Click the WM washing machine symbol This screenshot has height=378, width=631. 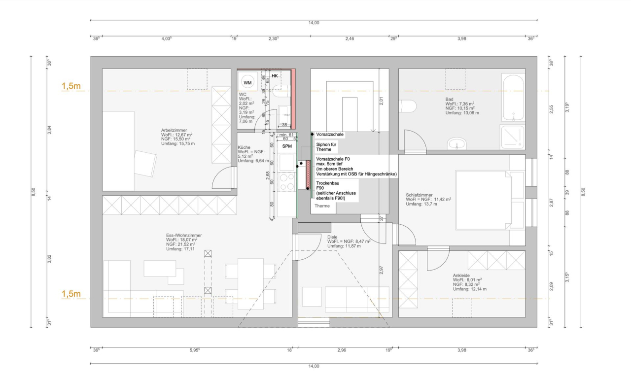247,83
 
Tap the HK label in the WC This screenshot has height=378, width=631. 275,75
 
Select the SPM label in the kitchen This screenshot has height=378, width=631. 286,146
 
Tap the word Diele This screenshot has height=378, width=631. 333,237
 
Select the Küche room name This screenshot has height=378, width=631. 244,147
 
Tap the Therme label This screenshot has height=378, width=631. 322,206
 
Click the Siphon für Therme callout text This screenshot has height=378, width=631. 326,146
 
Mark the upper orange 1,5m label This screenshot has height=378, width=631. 70,87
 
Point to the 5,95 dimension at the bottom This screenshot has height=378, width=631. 194,350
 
